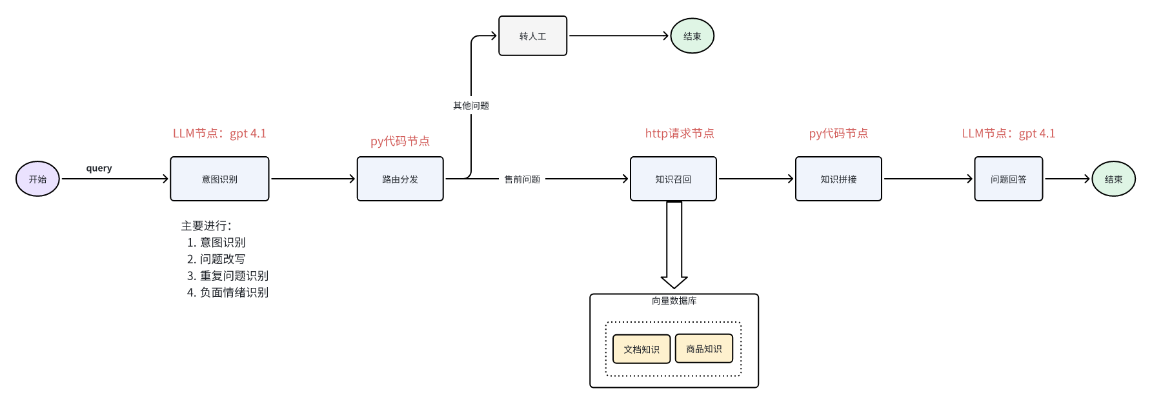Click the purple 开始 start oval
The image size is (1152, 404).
(37, 179)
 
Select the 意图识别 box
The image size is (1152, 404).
(219, 179)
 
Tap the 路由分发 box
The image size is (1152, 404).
(400, 179)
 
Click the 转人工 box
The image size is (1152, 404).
(532, 36)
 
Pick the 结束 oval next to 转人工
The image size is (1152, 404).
(692, 36)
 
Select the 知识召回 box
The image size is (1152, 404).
(673, 179)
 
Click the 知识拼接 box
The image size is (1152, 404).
(838, 179)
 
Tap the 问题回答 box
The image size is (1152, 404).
(1008, 179)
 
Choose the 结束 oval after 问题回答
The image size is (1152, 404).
(1113, 179)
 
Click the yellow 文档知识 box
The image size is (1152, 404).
(642, 349)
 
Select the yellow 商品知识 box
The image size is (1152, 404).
(703, 348)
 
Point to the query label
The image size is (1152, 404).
(99, 168)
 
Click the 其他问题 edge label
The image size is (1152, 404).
(471, 105)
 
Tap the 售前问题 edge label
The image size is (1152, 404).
(522, 179)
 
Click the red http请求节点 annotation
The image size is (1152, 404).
(680, 133)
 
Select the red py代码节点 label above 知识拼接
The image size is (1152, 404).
(838, 133)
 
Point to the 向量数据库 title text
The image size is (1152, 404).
(674, 301)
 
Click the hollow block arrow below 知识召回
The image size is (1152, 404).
(674, 245)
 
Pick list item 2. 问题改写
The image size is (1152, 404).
(216, 259)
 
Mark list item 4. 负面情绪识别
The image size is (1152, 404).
(227, 292)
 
